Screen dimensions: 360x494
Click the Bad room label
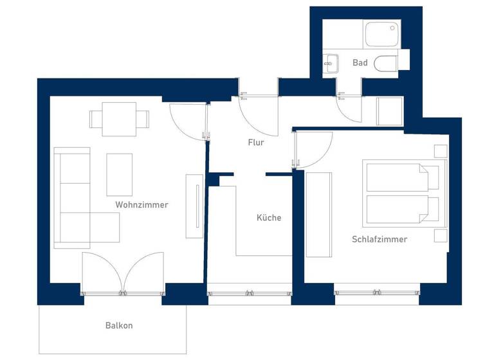click(360, 63)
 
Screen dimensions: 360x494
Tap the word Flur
click(256, 143)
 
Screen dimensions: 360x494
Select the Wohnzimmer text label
click(142, 205)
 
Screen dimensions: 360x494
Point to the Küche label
click(269, 218)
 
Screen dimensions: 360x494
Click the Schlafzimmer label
click(379, 239)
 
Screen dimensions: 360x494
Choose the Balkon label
click(118, 325)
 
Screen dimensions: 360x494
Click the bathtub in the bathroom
click(383, 34)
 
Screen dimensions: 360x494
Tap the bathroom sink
click(331, 62)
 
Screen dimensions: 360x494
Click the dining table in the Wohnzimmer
click(119, 120)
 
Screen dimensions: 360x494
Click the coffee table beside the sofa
click(119, 174)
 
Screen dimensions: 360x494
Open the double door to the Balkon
click(122, 273)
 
